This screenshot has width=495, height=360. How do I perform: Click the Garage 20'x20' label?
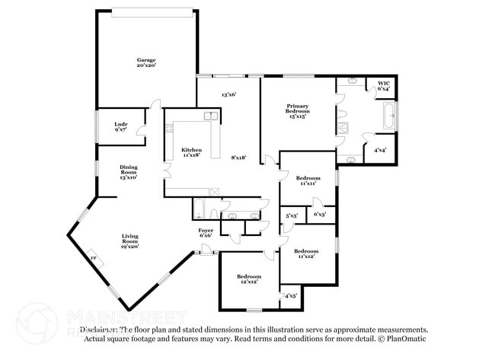(x=146, y=62)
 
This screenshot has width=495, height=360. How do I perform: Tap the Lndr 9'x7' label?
(x=120, y=127)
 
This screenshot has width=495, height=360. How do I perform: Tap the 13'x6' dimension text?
(x=228, y=95)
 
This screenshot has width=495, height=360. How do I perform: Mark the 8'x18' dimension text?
(x=238, y=157)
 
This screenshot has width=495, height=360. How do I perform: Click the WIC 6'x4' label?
(x=383, y=86)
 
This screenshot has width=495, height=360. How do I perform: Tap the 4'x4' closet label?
(x=379, y=150)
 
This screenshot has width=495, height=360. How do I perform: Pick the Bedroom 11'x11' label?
(x=307, y=180)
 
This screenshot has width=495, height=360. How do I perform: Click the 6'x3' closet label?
(x=321, y=214)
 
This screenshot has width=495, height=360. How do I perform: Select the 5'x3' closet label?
(x=291, y=216)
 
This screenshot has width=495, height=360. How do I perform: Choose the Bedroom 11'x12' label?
(x=305, y=253)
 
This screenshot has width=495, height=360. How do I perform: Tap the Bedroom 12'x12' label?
(x=248, y=278)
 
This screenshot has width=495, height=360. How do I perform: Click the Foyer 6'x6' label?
(x=206, y=232)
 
